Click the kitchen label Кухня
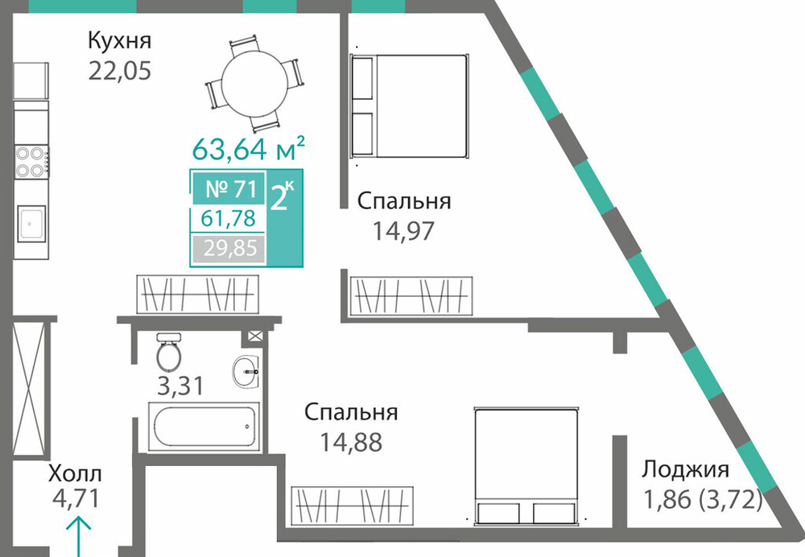tap(120, 40)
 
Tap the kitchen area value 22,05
tap(120, 70)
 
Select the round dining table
tap(254, 85)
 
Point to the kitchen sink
tap(31, 223)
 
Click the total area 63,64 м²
tap(249, 148)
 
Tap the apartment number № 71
tap(230, 188)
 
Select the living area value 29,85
tap(229, 249)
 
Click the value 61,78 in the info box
tap(228, 219)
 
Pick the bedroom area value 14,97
tap(403, 230)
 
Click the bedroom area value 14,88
tap(351, 442)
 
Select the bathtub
tap(204, 426)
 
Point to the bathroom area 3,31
tap(180, 386)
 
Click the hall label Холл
tap(75, 473)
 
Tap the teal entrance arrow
tap(78, 537)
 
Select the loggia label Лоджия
tap(686, 470)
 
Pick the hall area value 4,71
tap(76, 499)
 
